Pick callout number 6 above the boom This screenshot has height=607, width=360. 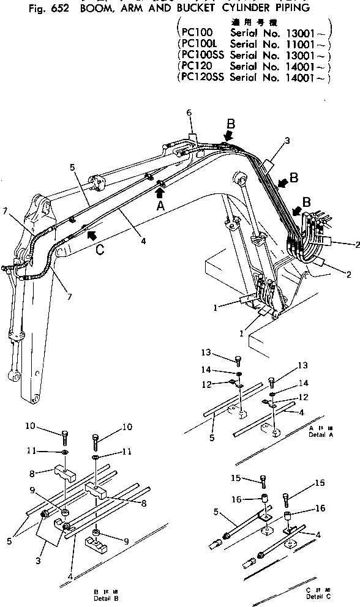point(189,113)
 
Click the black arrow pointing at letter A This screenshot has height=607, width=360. point(160,193)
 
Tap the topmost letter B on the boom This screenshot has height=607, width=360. point(230,124)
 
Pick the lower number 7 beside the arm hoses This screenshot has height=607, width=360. point(69,296)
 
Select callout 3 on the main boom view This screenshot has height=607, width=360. point(287,141)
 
